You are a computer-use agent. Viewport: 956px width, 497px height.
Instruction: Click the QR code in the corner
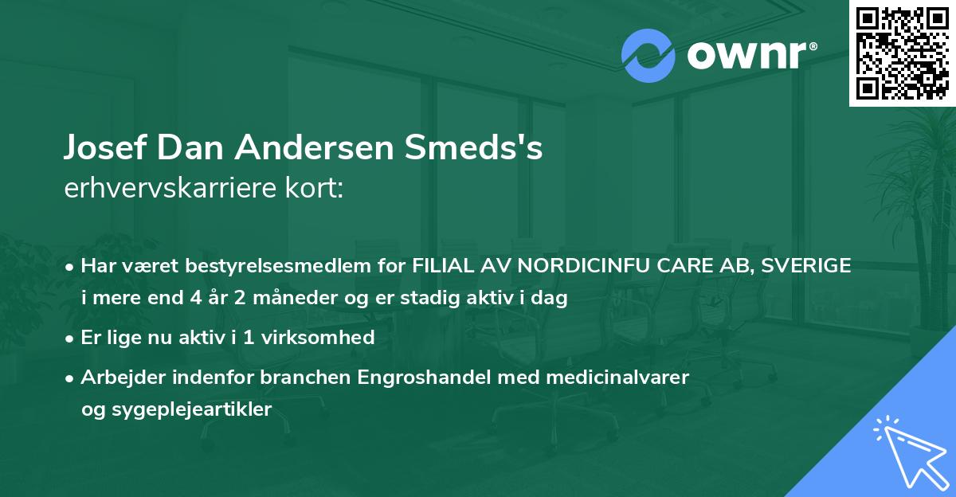pyautogui.click(x=903, y=53)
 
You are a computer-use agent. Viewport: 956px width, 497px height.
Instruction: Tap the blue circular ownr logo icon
pyautogui.click(x=648, y=56)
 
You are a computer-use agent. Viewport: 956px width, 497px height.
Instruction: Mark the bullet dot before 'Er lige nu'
pyautogui.click(x=71, y=338)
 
